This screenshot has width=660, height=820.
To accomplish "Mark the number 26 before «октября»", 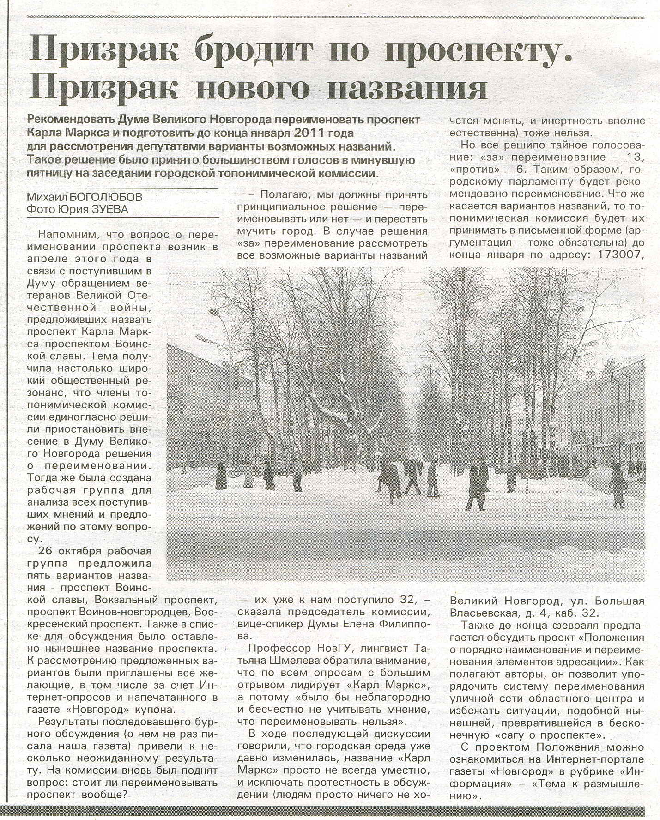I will pos(45,551).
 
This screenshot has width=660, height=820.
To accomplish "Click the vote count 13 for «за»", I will pos(635,158).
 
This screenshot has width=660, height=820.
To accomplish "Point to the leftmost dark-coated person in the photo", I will pos(221,476).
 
